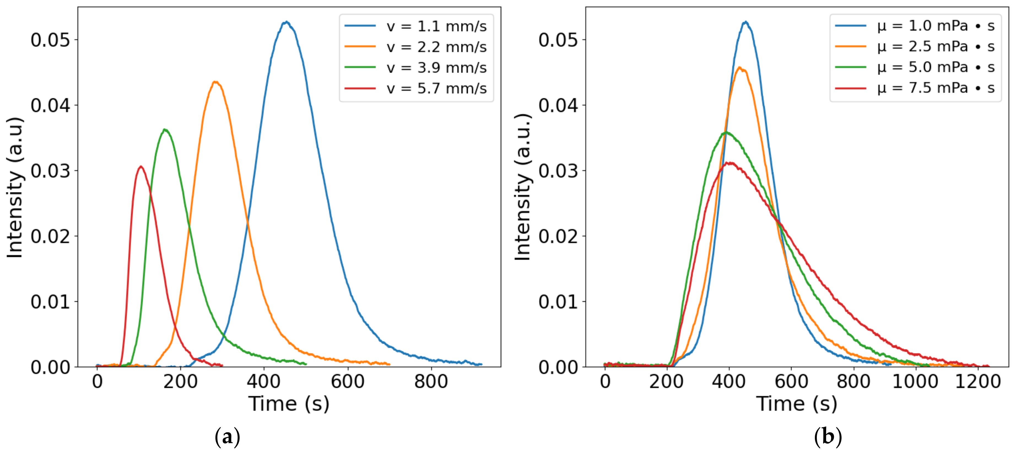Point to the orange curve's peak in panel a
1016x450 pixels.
pos(215,82)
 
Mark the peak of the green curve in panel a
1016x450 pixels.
pos(165,130)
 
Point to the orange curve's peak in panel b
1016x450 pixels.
pos(739,68)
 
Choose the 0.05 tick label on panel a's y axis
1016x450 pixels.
pos(50,40)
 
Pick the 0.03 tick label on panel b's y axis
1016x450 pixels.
pos(558,171)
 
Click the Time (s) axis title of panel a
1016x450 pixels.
pos(289,403)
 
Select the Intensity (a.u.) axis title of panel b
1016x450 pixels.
pos(523,187)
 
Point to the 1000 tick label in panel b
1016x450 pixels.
pos(915,382)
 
